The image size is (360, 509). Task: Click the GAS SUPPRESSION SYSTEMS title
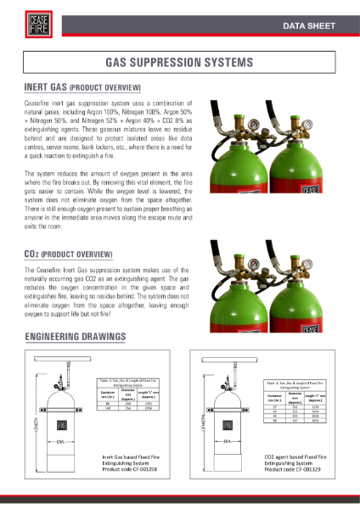tap(179, 64)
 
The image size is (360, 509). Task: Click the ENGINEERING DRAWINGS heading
tap(76, 337)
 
